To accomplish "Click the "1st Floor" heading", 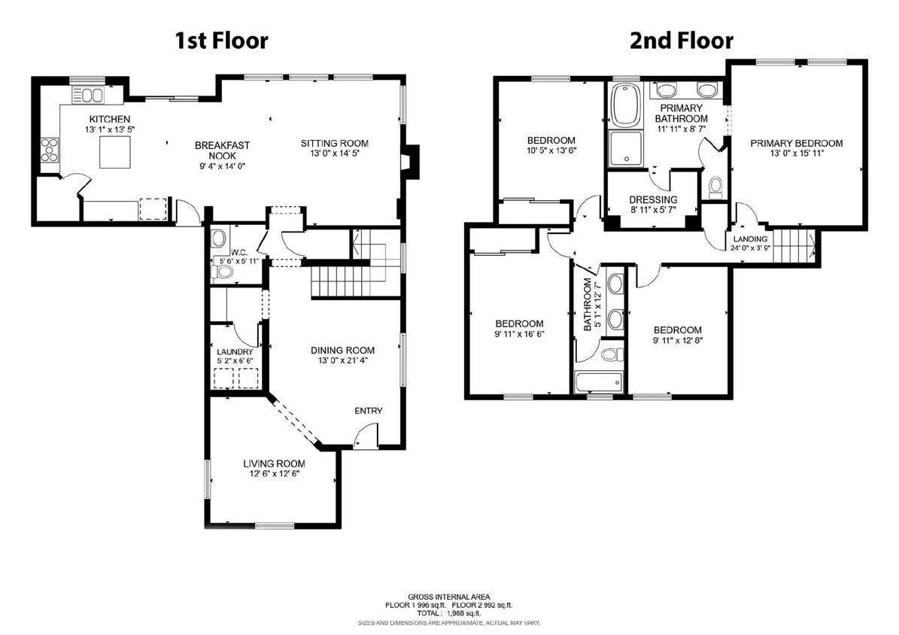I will [221, 40].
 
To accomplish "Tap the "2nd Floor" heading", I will [681, 40].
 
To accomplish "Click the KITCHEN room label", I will [110, 119].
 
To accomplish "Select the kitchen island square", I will [115, 154].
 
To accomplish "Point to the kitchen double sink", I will [93, 95].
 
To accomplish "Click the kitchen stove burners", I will [50, 150].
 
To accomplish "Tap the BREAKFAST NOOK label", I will [222, 150].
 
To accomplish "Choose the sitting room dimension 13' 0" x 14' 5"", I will [335, 154].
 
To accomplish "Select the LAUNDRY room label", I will [235, 351].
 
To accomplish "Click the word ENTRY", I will [369, 411].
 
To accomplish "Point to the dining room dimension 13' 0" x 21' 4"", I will [342, 360].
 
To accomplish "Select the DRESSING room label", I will [653, 200].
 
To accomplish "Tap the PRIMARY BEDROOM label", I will [796, 143].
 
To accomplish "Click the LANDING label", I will [750, 239].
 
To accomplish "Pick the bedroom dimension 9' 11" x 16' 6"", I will [519, 334].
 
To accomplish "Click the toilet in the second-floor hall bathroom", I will [610, 354].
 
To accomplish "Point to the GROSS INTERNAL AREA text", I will [448, 596].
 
